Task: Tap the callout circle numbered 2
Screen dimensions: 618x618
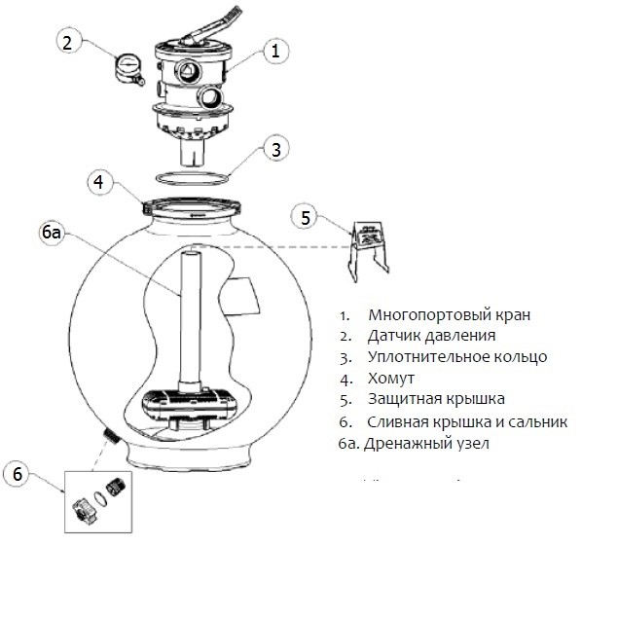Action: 67,42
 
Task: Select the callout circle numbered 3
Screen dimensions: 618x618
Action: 276,149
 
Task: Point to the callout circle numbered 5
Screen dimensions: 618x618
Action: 306,218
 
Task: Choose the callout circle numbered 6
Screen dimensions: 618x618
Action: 18,474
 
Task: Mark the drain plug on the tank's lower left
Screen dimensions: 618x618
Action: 111,432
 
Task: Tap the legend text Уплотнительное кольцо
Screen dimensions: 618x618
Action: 457,357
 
